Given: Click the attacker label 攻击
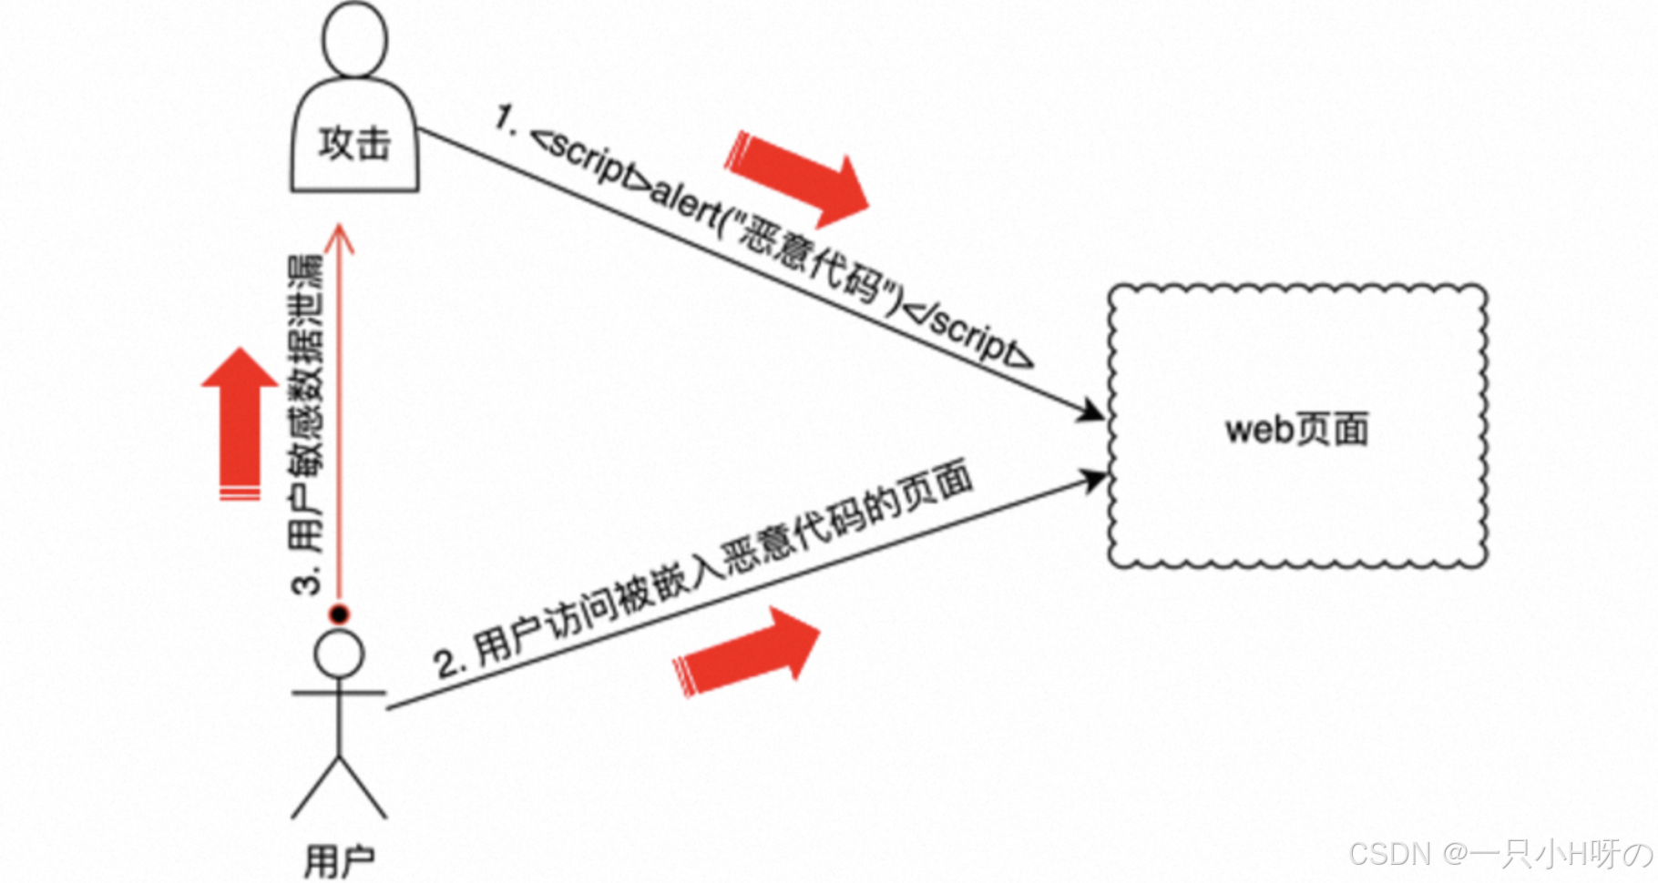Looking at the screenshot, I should point(354,144).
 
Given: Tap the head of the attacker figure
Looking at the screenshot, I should point(354,38).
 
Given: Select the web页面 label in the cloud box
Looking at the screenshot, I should point(1296,430).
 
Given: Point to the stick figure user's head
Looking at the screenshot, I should point(339,654).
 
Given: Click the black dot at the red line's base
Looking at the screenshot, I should point(340,614).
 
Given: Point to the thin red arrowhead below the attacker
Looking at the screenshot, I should point(341,239).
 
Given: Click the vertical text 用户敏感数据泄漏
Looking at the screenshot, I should point(308,401).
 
